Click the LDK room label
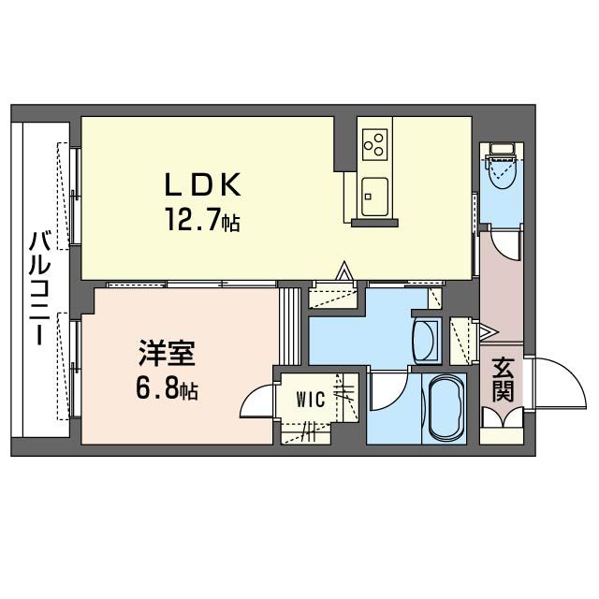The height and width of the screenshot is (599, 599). (202, 184)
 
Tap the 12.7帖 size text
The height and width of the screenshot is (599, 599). (202, 220)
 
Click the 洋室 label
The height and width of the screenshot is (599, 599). (167, 353)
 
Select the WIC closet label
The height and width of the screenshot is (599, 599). (311, 400)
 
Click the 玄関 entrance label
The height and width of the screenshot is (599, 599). (503, 380)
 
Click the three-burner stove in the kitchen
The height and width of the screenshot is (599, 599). (374, 144)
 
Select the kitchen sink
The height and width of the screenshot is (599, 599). (374, 197)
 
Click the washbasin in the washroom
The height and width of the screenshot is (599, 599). (427, 341)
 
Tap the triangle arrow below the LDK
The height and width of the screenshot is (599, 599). (345, 270)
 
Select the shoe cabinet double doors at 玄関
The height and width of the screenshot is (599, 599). (503, 417)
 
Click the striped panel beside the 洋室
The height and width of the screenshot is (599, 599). (289, 327)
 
